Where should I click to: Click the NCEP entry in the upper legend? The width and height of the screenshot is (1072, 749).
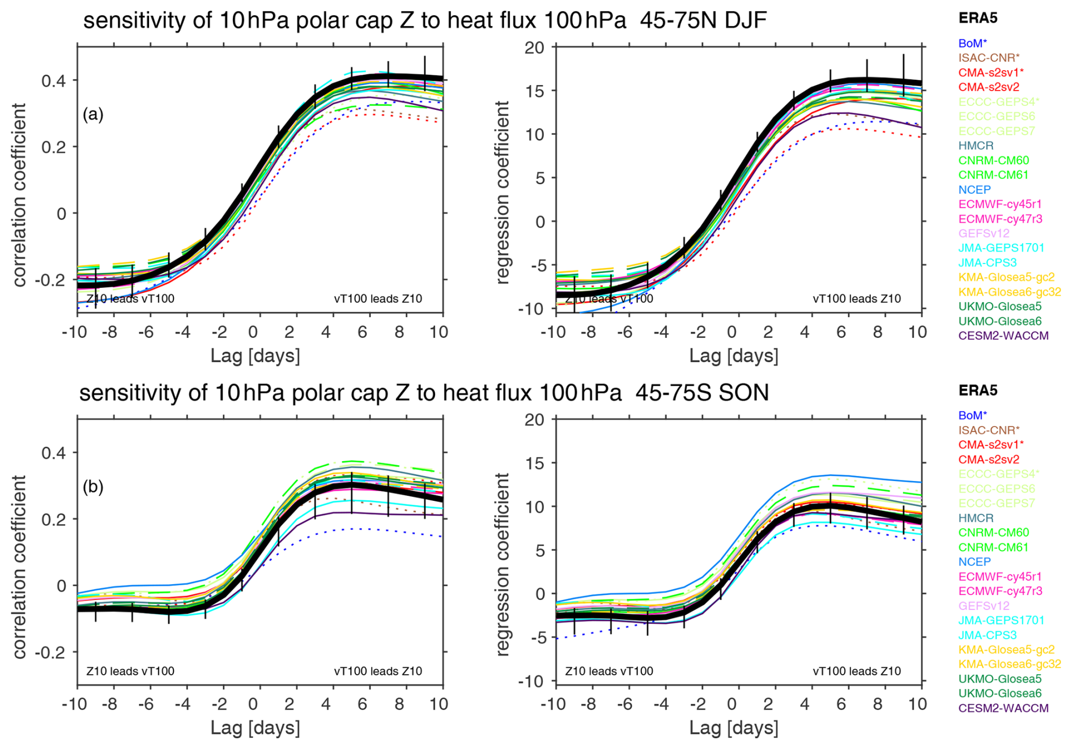975,190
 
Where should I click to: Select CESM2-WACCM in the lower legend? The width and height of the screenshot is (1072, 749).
1003,708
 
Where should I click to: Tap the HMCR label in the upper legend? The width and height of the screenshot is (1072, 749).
976,146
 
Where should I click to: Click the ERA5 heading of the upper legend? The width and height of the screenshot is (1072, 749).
978,18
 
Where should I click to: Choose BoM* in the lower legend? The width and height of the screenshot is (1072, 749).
972,415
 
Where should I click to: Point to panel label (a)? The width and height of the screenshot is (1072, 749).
93,114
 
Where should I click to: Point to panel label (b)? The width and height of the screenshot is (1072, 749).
93,487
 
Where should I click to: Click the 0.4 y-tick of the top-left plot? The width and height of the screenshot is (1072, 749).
53,80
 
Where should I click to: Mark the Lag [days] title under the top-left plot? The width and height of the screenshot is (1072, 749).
255,356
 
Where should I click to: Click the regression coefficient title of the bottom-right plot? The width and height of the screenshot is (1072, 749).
503,564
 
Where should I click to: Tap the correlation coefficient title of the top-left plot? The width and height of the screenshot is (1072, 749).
20,195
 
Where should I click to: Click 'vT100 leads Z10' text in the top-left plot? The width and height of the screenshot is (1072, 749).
378,299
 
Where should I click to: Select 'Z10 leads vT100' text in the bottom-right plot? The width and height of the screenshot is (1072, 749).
609,671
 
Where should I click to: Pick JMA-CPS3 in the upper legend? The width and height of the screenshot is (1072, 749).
987,263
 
